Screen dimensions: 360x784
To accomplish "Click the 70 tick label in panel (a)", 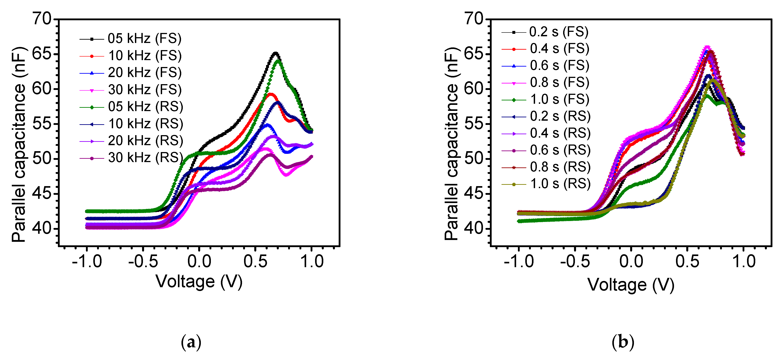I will pyautogui.click(x=42, y=19).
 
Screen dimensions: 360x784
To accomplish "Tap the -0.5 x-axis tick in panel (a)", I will pyautogui.click(x=143, y=261).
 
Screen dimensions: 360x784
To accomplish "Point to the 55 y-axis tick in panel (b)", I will pyautogui.click(x=474, y=124).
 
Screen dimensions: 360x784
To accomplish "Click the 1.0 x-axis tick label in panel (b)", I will pyautogui.click(x=743, y=261).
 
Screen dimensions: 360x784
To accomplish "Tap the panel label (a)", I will pyautogui.click(x=191, y=342).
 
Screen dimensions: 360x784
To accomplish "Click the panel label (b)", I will pyautogui.click(x=623, y=342).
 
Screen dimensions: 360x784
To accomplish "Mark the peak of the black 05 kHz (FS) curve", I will pyautogui.click(x=275, y=53).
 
